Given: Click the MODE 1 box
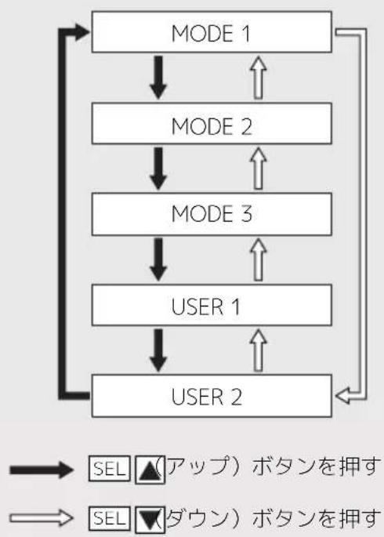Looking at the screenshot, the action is pyautogui.click(x=212, y=32).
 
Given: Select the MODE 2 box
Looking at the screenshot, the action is pyautogui.click(x=212, y=123).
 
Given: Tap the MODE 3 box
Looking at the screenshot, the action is pyautogui.click(x=212, y=214).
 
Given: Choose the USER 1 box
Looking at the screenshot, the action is pyautogui.click(x=212, y=305).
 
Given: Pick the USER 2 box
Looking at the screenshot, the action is pyautogui.click(x=212, y=396).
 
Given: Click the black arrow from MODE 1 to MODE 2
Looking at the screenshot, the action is pyautogui.click(x=158, y=78).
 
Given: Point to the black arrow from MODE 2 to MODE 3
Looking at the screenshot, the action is pyautogui.click(x=158, y=168).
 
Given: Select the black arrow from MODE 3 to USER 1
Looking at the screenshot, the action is pyautogui.click(x=158, y=259).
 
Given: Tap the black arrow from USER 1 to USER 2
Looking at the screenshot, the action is pyautogui.click(x=158, y=350).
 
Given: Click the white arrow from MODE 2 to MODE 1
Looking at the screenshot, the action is pyautogui.click(x=259, y=78).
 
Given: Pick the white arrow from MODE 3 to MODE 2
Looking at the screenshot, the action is pyautogui.click(x=259, y=168).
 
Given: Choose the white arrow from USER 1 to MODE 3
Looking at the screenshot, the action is pyautogui.click(x=259, y=259).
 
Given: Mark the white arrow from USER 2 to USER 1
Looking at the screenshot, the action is pyautogui.click(x=259, y=350).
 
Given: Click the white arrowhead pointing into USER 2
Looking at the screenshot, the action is pyautogui.click(x=342, y=396).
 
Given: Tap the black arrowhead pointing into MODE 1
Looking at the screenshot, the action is pyautogui.click(x=82, y=32).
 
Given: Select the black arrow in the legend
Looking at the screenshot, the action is pyautogui.click(x=42, y=470).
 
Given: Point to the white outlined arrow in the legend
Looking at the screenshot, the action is pyautogui.click(x=42, y=517).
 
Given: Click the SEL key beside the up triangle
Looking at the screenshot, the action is pyautogui.click(x=110, y=469).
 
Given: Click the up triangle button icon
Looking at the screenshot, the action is pyautogui.click(x=150, y=470).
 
